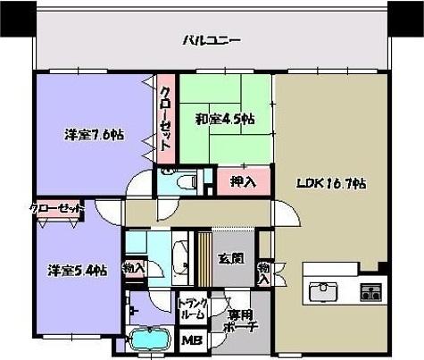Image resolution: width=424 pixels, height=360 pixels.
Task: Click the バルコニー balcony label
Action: coord(211,40)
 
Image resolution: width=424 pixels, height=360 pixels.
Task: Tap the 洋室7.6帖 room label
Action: coord(94,135)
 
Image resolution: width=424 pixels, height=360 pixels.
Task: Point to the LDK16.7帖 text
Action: coord(331,184)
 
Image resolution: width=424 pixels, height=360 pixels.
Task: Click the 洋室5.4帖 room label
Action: coord(78,269)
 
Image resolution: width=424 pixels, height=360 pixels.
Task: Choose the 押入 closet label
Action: coord(244,182)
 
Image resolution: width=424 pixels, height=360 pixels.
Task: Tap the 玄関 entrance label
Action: coord(231,259)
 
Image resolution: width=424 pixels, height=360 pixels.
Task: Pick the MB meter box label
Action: coord(192,340)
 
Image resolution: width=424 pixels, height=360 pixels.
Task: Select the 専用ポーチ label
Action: coord(241,321)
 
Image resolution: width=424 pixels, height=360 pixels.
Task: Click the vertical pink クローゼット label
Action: coord(166,121)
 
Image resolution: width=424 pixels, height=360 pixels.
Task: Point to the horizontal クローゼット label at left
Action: coord(55,208)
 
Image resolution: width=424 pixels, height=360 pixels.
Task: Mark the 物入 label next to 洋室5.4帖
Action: coord(133,267)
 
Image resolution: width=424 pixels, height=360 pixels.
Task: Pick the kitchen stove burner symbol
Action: coord(370,291)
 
